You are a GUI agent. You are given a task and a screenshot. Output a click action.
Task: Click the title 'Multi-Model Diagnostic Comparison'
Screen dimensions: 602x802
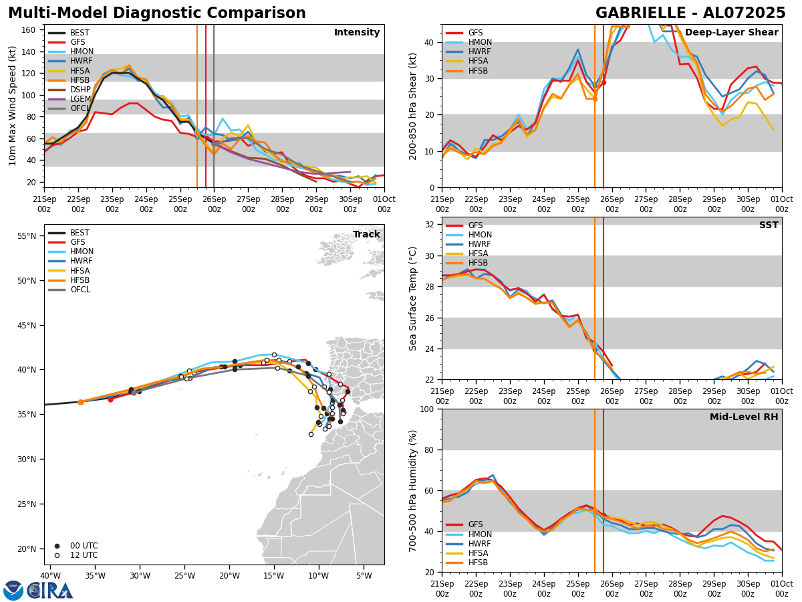[x=157, y=13]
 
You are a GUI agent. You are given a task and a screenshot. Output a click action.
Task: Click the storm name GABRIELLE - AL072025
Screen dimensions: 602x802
[x=690, y=13]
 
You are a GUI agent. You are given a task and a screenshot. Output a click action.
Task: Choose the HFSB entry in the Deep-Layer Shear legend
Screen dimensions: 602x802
[x=478, y=71]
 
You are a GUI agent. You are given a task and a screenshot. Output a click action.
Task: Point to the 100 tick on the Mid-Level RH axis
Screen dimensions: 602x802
[x=426, y=409]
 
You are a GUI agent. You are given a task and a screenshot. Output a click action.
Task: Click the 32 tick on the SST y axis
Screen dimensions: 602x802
[x=430, y=225]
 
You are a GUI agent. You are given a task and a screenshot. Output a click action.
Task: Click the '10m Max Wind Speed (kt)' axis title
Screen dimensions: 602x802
[x=13, y=106]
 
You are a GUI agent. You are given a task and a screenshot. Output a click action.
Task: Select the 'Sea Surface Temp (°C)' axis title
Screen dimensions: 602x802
[x=414, y=298]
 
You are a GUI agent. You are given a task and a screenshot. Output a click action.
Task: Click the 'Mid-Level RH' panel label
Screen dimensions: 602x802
[x=744, y=417]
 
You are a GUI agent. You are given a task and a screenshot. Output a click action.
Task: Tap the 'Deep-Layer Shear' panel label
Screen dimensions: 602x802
[x=731, y=33]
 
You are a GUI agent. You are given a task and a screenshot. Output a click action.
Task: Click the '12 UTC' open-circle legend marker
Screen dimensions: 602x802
[x=57, y=555]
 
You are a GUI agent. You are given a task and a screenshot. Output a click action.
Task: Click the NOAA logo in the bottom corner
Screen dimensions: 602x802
[x=13, y=590]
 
